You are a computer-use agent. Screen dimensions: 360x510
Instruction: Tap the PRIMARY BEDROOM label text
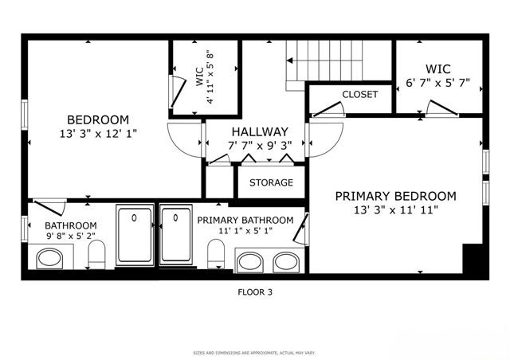click(x=395, y=196)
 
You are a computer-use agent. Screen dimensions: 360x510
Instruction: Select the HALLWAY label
click(x=260, y=131)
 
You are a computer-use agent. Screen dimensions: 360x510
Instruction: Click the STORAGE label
click(x=271, y=182)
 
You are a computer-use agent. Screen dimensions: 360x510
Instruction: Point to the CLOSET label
click(x=359, y=94)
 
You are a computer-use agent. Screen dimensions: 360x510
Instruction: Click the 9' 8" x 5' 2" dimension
click(x=70, y=237)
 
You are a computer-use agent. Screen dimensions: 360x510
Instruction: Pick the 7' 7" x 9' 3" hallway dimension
click(x=260, y=146)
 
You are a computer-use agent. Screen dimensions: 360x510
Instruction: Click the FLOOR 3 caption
click(x=255, y=292)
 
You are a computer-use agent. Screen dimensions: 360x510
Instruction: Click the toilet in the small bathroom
click(x=96, y=255)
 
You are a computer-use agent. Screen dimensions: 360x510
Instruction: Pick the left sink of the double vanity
click(x=253, y=260)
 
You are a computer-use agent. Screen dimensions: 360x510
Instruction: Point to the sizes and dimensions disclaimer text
click(x=255, y=352)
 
